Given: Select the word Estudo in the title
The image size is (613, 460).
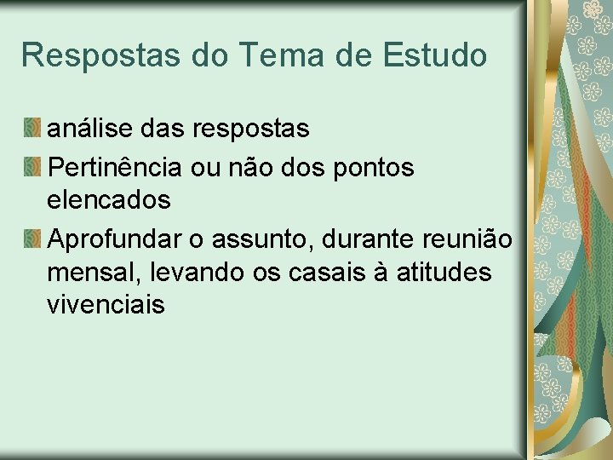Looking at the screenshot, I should [437, 55].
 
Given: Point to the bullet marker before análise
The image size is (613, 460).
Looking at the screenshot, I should [32, 129].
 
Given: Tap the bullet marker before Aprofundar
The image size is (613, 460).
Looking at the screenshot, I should [32, 240].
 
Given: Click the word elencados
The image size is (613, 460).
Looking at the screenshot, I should [109, 201].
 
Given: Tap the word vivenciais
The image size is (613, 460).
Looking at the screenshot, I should [106, 305].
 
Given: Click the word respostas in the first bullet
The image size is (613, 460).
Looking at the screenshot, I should [251, 129].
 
